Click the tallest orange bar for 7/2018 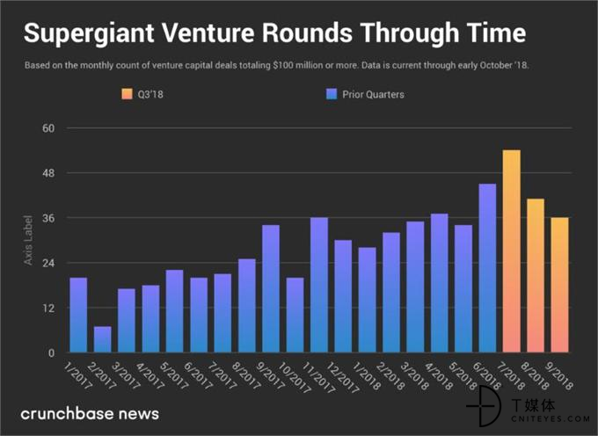click(x=512, y=251)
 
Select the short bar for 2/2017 click(x=103, y=339)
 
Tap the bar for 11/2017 click(x=319, y=285)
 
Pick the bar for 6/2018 click(x=487, y=268)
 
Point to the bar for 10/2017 click(x=295, y=316)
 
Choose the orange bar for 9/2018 click(x=559, y=285)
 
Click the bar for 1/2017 click(x=78, y=316)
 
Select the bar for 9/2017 click(x=271, y=289)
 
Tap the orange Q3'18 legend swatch click(x=127, y=94)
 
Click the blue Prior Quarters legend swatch click(x=332, y=94)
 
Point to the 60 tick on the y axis click(x=48, y=128)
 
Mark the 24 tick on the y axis click(x=48, y=263)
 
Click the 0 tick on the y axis click(x=52, y=352)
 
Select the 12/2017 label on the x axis click(x=343, y=377)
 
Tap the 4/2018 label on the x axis click(x=439, y=376)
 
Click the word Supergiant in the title click(x=89, y=33)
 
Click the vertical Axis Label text click(x=28, y=240)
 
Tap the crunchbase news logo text click(x=90, y=413)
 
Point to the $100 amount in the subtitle click(x=283, y=65)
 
